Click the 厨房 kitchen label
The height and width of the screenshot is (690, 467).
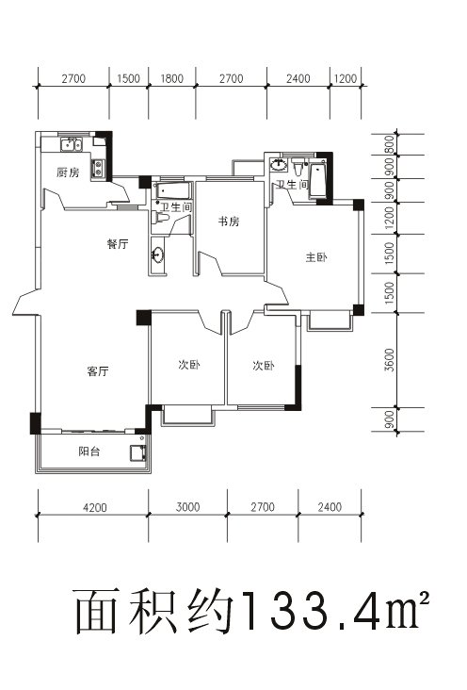(x=68, y=172)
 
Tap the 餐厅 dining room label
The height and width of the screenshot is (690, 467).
(x=118, y=243)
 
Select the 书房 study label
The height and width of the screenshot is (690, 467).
(x=229, y=222)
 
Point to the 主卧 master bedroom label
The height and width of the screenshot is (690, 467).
(x=316, y=257)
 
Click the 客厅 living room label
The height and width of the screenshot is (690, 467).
(x=97, y=371)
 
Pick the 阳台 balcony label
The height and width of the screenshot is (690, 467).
(x=89, y=452)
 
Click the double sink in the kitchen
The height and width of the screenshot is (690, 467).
(x=72, y=144)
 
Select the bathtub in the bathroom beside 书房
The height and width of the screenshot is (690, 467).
(x=172, y=190)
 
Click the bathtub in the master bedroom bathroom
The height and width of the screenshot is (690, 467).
(x=317, y=180)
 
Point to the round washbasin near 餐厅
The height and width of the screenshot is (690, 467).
(x=157, y=255)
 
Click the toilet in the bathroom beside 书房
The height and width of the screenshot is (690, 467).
(x=161, y=218)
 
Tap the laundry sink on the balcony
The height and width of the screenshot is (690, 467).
(x=137, y=452)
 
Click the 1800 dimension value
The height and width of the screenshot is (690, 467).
(x=171, y=79)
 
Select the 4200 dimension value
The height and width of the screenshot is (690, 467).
(x=95, y=507)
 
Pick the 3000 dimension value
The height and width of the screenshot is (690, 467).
(x=187, y=507)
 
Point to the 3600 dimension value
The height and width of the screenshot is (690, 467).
(x=390, y=359)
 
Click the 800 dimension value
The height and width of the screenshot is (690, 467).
(x=390, y=144)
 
